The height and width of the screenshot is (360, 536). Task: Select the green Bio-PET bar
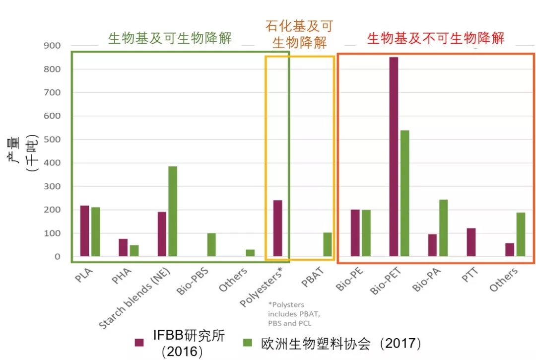tap(404, 194)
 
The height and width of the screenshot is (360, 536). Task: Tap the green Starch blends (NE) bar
tap(173, 212)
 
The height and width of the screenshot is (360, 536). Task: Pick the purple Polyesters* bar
tap(277, 228)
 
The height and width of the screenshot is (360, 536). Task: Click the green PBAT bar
tap(328, 244)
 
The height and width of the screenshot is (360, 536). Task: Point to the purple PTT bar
tap(471, 242)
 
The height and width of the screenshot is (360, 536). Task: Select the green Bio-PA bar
tap(443, 228)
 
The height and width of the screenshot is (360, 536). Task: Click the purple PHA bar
tap(123, 248)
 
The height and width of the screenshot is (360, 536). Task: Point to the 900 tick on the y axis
tap(52, 46)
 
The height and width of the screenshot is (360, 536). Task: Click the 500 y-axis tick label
tap(52, 140)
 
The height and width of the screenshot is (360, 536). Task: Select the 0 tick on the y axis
tap(58, 257)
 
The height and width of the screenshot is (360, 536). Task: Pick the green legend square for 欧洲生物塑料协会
tap(247, 343)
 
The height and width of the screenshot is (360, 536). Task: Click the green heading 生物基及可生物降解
tap(170, 39)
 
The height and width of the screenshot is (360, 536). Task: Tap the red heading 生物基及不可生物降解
tap(435, 39)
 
